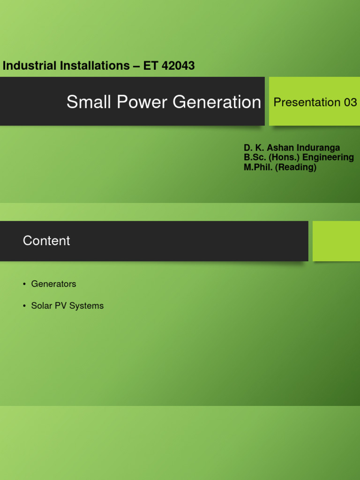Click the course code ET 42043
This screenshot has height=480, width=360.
point(169,66)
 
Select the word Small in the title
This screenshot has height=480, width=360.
point(84,102)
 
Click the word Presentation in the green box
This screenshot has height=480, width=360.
point(307,102)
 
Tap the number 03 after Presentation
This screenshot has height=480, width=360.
point(350,102)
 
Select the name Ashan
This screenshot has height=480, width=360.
point(280,148)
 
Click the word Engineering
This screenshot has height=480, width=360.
point(330,157)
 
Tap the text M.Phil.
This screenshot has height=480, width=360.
point(258,167)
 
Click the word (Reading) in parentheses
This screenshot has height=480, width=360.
point(296,167)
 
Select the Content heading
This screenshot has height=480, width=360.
point(46,241)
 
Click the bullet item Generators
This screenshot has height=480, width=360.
point(53,284)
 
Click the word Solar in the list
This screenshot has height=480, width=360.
point(41,306)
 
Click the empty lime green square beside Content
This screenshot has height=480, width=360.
point(336,241)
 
